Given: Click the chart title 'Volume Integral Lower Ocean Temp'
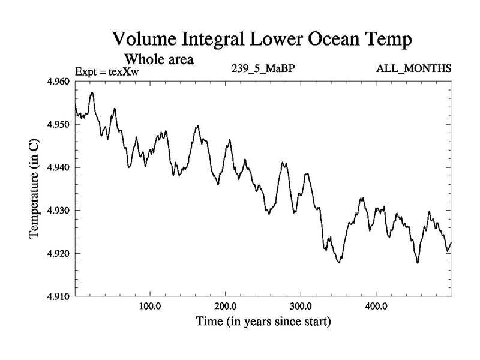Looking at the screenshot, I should click(262, 41).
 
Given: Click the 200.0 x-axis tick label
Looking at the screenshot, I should click(225, 307).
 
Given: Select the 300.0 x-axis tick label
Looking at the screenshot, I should click(301, 307).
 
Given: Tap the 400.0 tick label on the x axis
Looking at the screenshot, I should click(376, 307).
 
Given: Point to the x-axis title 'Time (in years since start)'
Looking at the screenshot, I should click(263, 322).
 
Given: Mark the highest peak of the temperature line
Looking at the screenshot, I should click(92, 92).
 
